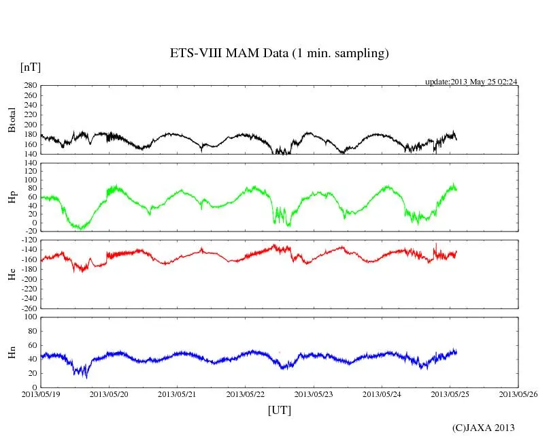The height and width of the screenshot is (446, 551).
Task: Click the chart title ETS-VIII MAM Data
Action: (279, 53)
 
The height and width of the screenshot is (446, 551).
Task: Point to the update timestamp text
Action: (471, 82)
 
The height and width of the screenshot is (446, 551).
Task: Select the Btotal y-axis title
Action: (12, 119)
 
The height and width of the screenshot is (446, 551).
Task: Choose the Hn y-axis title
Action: (12, 352)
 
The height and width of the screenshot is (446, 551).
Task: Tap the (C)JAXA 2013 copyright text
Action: (483, 428)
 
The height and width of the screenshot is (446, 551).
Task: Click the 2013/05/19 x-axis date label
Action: (41, 394)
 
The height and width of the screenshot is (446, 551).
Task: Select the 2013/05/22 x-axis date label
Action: (246, 394)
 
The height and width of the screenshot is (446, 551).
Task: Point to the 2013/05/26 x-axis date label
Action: (518, 394)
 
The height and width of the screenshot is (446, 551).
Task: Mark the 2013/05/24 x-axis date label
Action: (382, 394)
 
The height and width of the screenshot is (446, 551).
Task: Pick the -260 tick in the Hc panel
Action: (28, 308)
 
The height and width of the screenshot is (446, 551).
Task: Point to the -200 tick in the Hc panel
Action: (28, 279)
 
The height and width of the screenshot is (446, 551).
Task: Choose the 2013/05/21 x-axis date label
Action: (178, 394)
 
